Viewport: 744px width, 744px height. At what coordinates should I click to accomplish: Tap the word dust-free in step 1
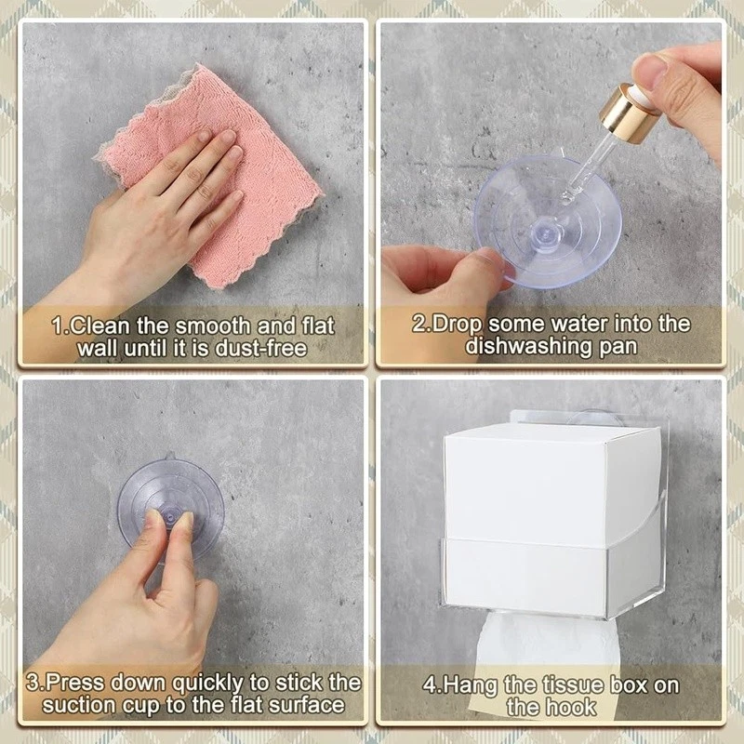[x=261, y=349]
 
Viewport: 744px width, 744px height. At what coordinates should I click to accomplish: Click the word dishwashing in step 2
[x=528, y=346]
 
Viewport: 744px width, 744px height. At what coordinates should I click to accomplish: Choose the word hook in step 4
[x=572, y=708]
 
